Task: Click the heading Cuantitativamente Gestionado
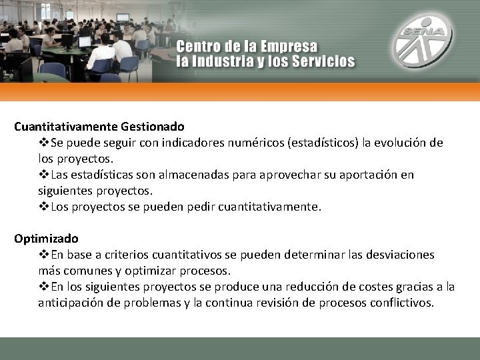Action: pyautogui.click(x=99, y=125)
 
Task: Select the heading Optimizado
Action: pyautogui.click(x=46, y=238)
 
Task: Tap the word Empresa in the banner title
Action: pyautogui.click(x=289, y=48)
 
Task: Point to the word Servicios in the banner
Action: pyautogui.click(x=321, y=61)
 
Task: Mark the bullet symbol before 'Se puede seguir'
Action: pyautogui.click(x=44, y=143)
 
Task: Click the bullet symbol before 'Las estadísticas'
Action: pyautogui.click(x=44, y=175)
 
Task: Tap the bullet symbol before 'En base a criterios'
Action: pyautogui.click(x=44, y=255)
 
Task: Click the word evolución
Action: pyautogui.click(x=397, y=143)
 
